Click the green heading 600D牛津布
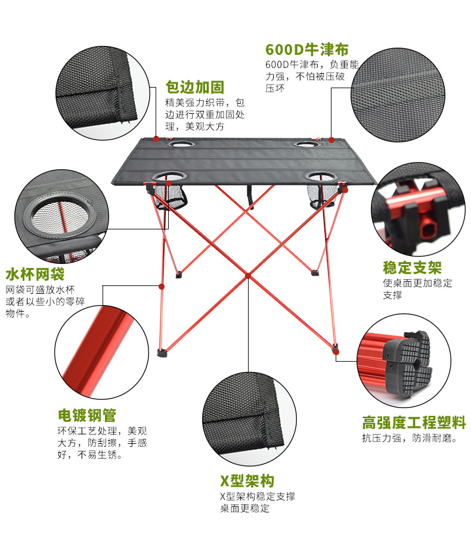point(307,49)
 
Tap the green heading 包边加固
point(195,88)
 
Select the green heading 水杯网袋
point(35,274)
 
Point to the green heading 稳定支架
point(413,268)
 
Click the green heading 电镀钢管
point(87,415)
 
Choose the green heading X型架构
point(247,481)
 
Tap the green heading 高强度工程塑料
point(414,422)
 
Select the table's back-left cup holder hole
point(181,144)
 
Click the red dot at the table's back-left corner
point(156,139)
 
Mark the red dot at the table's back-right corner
point(331,140)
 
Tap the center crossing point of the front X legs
point(248,275)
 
